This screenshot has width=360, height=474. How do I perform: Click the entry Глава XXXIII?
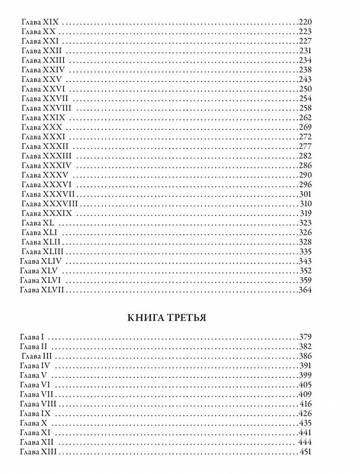46,156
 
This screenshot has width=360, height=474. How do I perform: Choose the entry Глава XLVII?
43,290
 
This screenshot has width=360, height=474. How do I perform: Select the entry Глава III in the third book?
37,356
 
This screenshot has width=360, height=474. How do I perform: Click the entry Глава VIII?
37,404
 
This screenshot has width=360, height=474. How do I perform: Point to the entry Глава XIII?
37,452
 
